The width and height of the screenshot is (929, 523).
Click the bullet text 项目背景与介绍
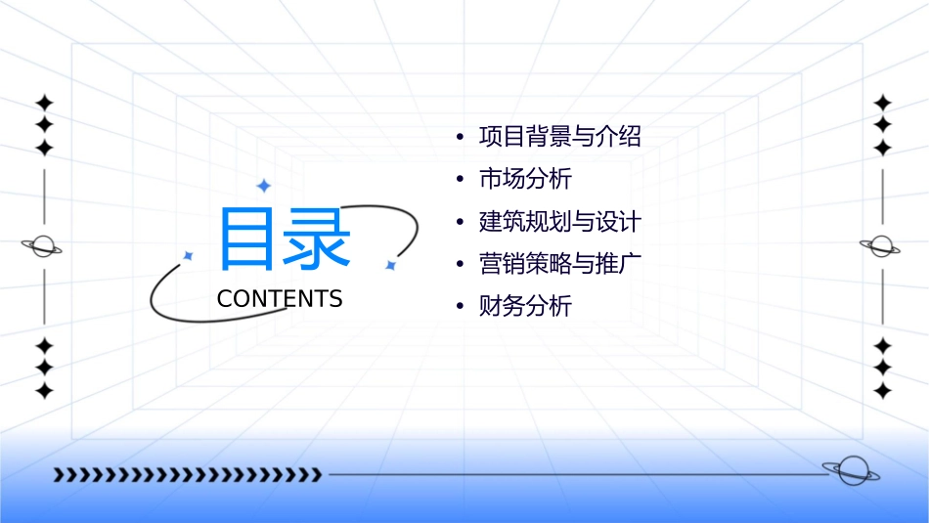coord(559,137)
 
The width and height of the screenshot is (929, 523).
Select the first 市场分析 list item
coord(525,180)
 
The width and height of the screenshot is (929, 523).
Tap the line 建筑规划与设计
coord(559,222)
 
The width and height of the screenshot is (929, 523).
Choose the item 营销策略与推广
coord(559,264)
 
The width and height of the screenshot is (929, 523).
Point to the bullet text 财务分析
coord(525,307)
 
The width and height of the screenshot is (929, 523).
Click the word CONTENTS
coord(280,299)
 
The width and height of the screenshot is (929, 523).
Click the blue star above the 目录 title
coord(263,186)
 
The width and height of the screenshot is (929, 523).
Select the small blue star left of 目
coord(189,255)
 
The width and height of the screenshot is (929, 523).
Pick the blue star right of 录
coord(390,265)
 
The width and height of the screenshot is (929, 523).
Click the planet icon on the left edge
coord(42,246)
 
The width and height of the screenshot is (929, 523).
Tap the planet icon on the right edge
coord(882,246)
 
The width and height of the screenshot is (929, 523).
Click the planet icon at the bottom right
coord(851,471)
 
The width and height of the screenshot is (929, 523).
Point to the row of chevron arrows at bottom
coord(187,475)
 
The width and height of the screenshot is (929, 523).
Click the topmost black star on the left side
coord(43,102)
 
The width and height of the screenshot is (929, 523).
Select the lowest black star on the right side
coord(883,391)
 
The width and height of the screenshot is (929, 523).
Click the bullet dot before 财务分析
coord(459,307)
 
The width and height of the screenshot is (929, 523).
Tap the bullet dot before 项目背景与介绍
coord(459,138)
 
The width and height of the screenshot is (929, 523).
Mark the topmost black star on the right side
coord(883,102)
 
